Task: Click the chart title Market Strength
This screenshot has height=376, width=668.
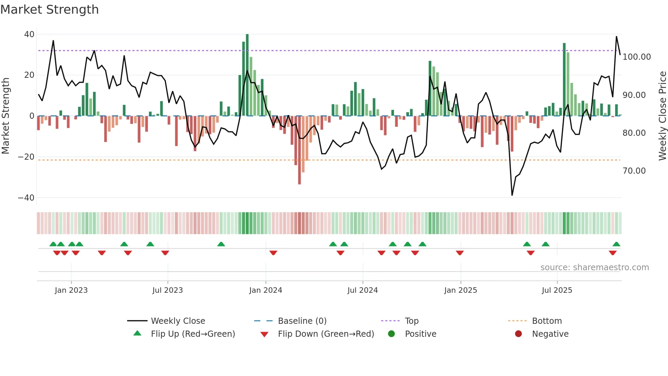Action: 49,10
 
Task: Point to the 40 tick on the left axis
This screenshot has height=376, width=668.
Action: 29,34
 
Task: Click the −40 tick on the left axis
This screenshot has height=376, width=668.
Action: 26,198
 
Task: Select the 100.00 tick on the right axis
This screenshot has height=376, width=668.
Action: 636,57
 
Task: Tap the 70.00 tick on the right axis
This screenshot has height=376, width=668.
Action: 634,171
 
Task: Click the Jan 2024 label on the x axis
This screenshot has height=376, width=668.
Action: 265,290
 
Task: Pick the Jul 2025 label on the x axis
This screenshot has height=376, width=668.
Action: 557,290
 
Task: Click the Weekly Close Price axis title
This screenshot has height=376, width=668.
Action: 662,116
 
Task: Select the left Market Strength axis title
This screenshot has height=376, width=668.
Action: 6,116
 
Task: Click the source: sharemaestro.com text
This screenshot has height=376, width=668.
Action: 594,267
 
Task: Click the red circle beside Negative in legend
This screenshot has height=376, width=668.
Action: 518,334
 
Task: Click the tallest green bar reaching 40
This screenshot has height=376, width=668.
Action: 247,75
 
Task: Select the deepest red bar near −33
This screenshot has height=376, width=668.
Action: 299,150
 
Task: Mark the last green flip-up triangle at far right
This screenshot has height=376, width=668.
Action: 616,244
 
